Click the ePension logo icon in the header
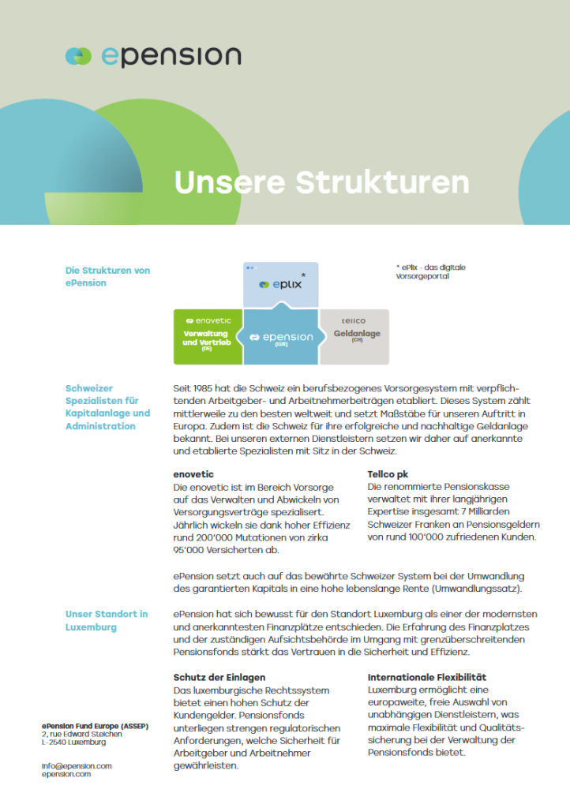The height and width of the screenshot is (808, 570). click(x=79, y=56)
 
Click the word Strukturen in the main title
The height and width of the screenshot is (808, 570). click(x=382, y=182)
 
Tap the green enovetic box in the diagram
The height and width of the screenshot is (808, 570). click(x=207, y=337)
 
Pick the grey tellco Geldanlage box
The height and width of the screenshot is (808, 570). click(x=354, y=337)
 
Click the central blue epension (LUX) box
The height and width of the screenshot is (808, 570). click(x=280, y=339)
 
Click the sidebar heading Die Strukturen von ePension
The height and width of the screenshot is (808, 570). click(x=107, y=276)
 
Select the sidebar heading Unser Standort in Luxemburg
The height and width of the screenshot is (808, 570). click(x=106, y=620)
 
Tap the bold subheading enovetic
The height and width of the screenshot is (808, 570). click(x=193, y=474)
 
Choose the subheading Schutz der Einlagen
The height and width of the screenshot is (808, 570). click(x=219, y=677)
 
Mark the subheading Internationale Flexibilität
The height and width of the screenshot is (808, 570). click(x=426, y=677)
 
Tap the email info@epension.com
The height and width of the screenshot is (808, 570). click(x=77, y=765)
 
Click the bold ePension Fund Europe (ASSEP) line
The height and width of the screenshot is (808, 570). click(x=93, y=725)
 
